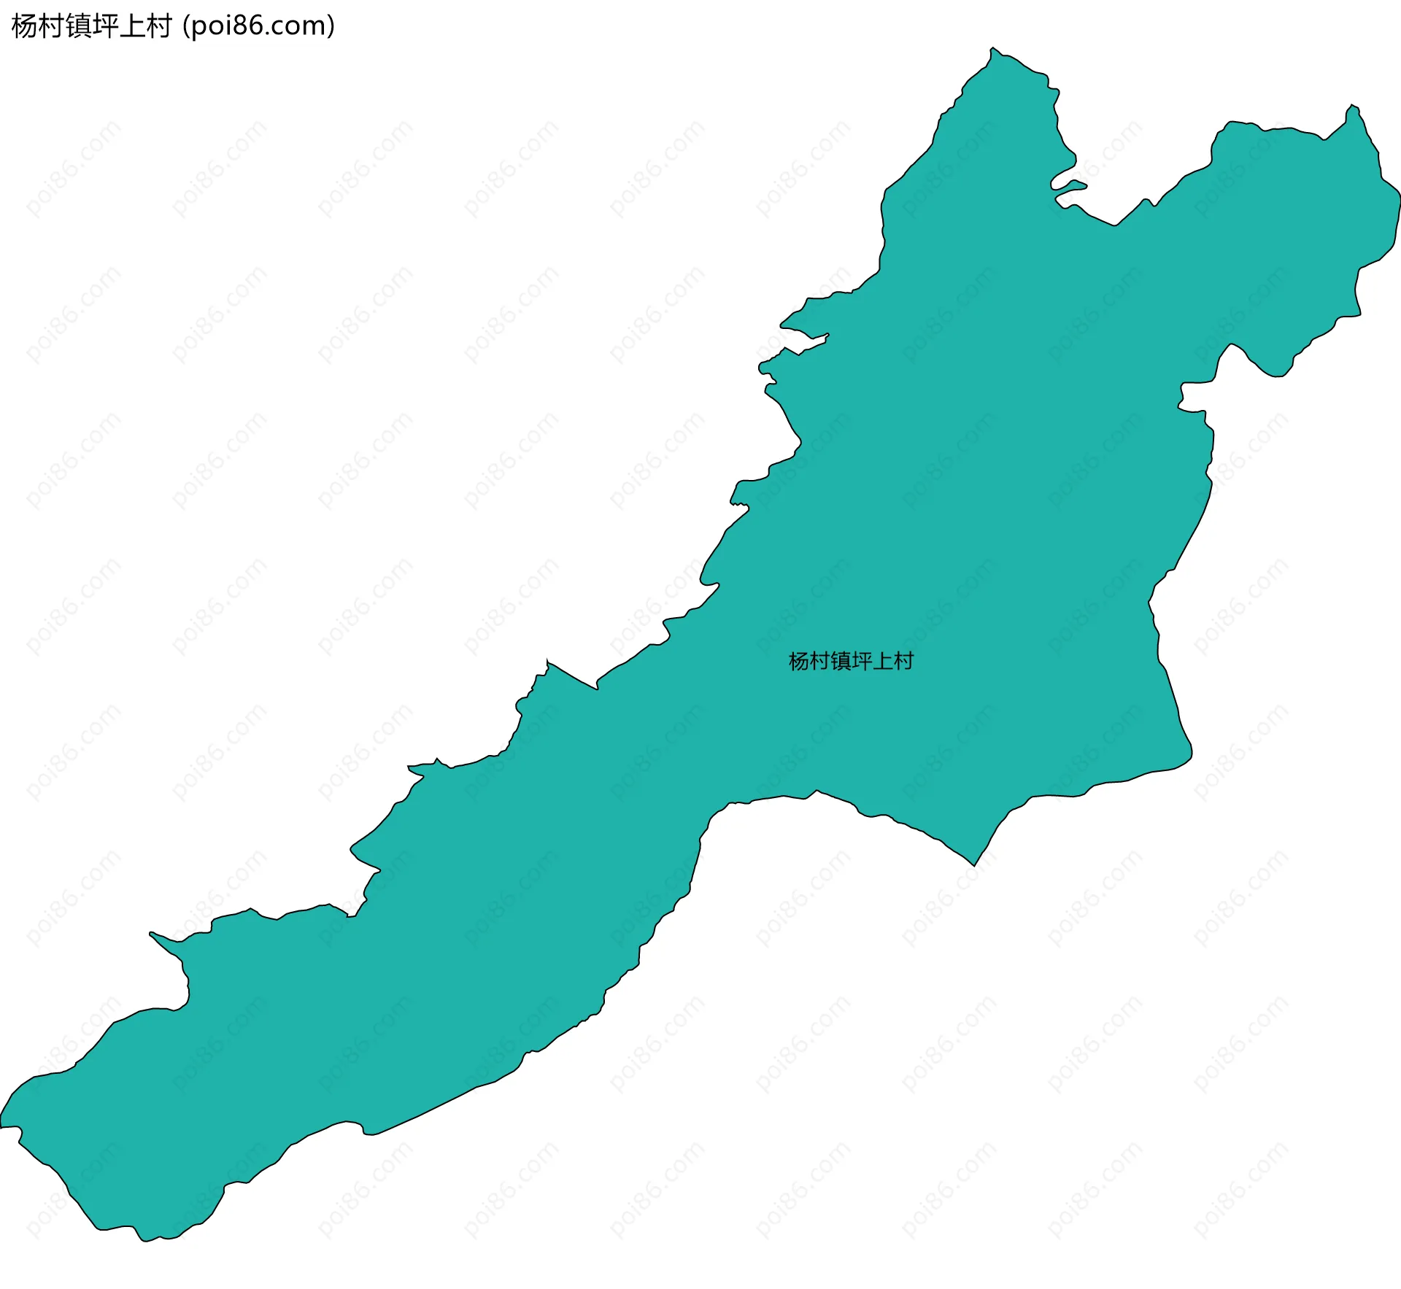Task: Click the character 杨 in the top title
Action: tap(24, 26)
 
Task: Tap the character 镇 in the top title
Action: tap(78, 26)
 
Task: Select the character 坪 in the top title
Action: tap(105, 26)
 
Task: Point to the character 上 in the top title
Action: tap(132, 26)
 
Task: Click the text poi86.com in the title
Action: tap(258, 26)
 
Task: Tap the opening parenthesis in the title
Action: tap(186, 26)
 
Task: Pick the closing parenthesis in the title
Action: tap(331, 26)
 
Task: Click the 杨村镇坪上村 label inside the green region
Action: tap(851, 661)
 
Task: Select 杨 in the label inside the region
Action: tap(799, 661)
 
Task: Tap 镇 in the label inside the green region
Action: tap(841, 661)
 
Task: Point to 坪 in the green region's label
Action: tap(862, 661)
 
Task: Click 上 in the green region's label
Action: tap(883, 661)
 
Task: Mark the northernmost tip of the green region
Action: tap(992, 50)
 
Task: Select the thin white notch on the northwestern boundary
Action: tap(803, 338)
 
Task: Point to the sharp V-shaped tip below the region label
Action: tap(973, 864)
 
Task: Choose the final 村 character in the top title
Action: tap(158, 26)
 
